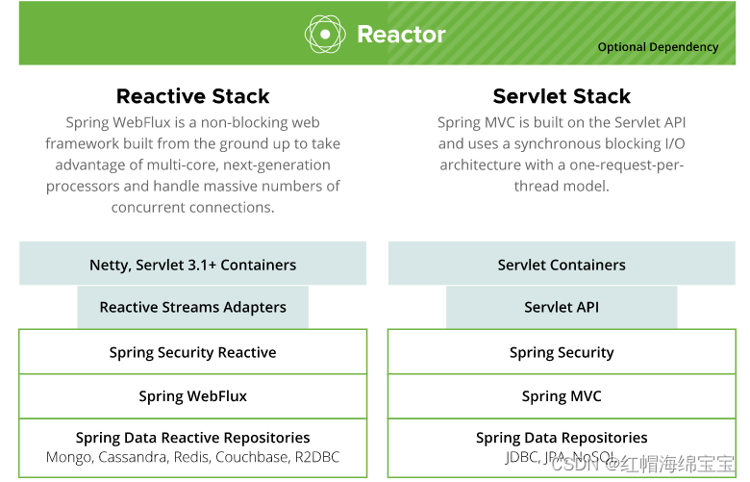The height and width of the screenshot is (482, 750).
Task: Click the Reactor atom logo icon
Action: (x=325, y=35)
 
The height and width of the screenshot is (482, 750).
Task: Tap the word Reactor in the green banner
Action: (x=401, y=35)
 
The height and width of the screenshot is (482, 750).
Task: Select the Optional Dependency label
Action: (x=658, y=46)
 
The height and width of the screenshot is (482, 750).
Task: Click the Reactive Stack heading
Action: (x=192, y=96)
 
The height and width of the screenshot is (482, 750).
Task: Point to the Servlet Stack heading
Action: (x=562, y=96)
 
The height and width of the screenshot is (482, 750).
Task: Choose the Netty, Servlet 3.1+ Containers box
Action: (x=192, y=265)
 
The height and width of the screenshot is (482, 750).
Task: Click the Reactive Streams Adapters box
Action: (x=192, y=308)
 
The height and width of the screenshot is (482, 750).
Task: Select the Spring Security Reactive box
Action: (x=192, y=352)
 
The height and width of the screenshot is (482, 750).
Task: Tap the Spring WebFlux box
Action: (x=192, y=396)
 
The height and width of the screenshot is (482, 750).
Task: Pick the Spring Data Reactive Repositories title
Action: (x=192, y=438)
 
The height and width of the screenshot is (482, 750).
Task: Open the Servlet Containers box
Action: (x=562, y=265)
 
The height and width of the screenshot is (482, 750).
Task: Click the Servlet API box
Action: (x=562, y=308)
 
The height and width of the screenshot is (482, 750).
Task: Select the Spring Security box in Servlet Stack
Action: (x=562, y=352)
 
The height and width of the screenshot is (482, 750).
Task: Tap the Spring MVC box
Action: (x=562, y=396)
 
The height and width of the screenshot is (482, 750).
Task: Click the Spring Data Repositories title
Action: (x=562, y=438)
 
